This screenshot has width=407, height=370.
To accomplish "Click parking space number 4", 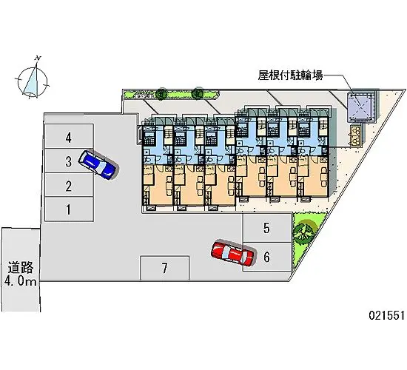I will coord(68,138).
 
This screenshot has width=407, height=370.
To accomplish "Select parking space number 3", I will coord(68,161).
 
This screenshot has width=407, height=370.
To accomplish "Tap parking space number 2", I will coord(68,186).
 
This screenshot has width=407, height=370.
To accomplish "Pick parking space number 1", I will coord(68,210).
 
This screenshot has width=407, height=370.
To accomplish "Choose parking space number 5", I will coord(266,229).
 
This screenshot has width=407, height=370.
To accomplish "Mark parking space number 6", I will coord(266,257).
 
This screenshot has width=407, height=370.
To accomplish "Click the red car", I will coord(232,252).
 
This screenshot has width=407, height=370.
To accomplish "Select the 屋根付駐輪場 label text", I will coord(289,75).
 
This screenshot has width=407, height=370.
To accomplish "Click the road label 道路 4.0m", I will coord(20,274).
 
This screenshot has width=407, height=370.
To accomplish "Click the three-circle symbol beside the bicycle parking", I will coord(358,134).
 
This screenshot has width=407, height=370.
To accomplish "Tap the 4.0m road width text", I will coord(21,282).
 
